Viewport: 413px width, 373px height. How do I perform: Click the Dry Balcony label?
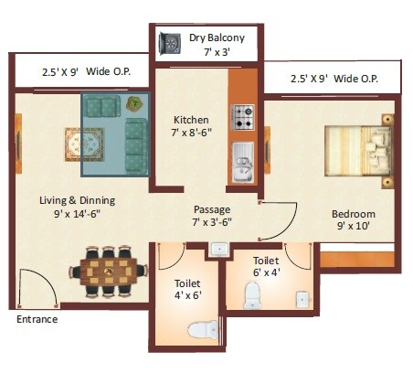point(217,44)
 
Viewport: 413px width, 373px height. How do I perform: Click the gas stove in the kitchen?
point(244,116)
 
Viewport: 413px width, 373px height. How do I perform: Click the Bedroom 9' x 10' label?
point(354,220)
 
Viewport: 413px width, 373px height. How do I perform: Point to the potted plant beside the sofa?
point(134,103)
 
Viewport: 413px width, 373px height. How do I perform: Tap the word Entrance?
point(37,320)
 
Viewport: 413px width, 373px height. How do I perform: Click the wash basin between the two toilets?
point(218,249)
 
